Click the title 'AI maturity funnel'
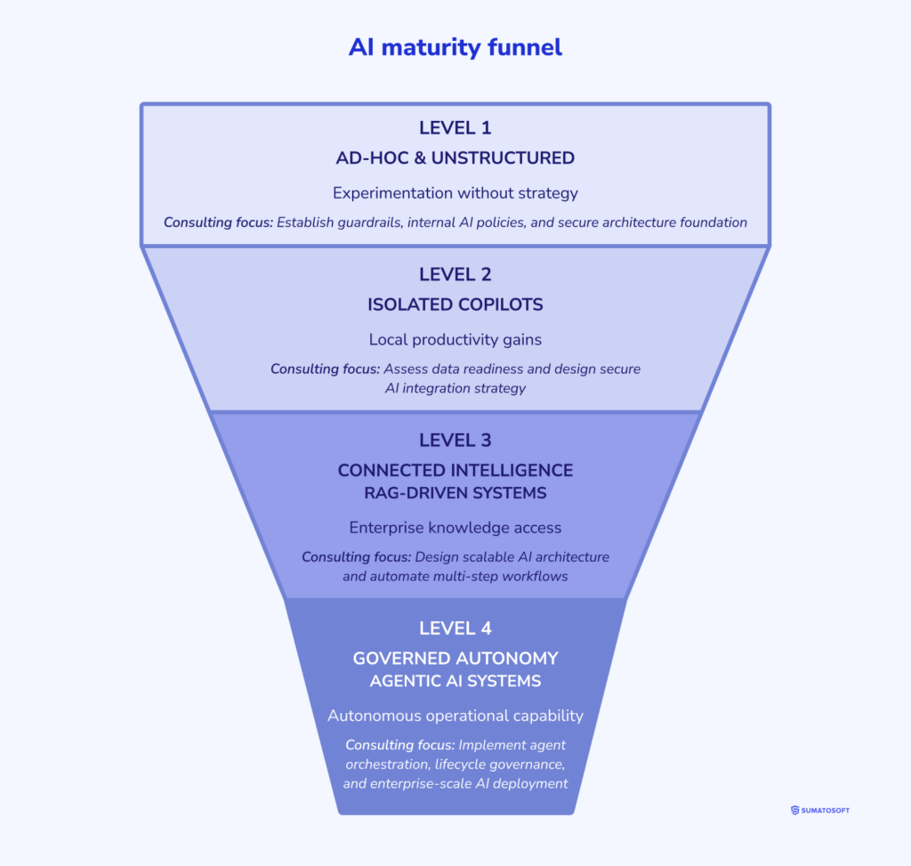point(455,47)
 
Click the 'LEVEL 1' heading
point(455,127)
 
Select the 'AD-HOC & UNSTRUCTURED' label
point(455,158)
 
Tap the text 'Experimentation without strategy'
point(455,192)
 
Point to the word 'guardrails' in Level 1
point(368,223)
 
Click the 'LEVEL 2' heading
point(455,274)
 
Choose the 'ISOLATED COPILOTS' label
point(455,304)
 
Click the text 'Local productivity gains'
point(455,339)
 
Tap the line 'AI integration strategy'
point(455,388)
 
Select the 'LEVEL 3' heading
point(455,440)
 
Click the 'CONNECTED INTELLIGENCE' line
point(455,470)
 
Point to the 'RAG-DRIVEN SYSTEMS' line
point(455,492)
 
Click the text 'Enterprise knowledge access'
point(455,528)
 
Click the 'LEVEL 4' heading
point(455,628)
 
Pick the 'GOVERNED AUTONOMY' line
point(455,659)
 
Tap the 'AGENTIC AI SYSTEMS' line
point(455,681)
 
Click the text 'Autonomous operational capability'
point(455,716)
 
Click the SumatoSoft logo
point(819,810)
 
